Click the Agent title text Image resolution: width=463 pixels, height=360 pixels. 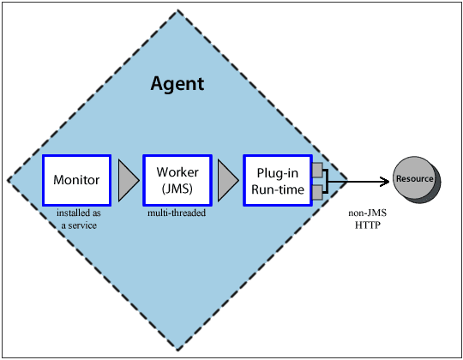(177, 84)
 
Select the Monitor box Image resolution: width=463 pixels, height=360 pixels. (77, 180)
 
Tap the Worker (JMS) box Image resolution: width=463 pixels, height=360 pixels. (177, 180)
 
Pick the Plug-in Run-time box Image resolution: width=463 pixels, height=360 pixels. (278, 180)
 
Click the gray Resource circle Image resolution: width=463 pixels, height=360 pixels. (414, 179)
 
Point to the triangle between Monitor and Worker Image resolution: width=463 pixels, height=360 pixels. (128, 180)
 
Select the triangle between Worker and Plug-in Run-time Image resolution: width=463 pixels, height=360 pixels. (228, 180)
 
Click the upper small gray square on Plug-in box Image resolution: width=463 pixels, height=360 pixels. (317, 170)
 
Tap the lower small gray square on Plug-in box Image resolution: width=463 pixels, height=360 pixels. (317, 191)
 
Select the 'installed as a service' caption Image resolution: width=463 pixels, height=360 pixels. (77, 218)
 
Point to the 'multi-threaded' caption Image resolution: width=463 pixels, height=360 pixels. (177, 213)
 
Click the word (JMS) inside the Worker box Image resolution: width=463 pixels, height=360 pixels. (177, 188)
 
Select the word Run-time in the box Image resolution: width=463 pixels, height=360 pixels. (278, 189)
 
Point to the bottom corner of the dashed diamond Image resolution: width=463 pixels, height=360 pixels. (177, 350)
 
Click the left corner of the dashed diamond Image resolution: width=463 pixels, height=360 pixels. (8, 181)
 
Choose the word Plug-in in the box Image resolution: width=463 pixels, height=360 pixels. (278, 172)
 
